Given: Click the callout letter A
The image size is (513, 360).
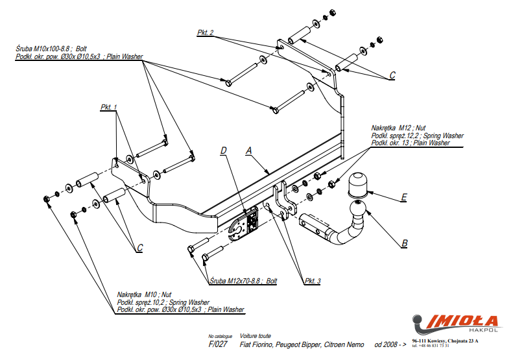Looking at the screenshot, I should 248,150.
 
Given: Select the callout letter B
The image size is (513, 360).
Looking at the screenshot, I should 405,244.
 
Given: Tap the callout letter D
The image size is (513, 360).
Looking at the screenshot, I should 223,150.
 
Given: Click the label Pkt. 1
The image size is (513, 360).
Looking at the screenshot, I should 109,106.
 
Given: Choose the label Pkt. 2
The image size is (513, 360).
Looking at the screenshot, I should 206,32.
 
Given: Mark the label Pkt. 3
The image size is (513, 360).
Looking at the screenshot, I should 313,281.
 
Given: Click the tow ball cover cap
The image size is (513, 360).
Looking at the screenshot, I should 357,184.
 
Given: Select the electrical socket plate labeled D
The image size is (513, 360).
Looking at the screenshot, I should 245,225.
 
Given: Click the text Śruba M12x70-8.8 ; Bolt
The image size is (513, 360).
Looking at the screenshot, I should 244,281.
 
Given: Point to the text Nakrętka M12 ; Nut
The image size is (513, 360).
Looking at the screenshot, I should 398,128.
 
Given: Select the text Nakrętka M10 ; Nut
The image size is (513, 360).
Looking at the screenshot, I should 144,294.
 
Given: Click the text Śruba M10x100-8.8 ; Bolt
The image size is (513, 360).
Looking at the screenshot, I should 51,49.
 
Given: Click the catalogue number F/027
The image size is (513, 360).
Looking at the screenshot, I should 217,344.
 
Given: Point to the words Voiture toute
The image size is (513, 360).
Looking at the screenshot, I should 256,336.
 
